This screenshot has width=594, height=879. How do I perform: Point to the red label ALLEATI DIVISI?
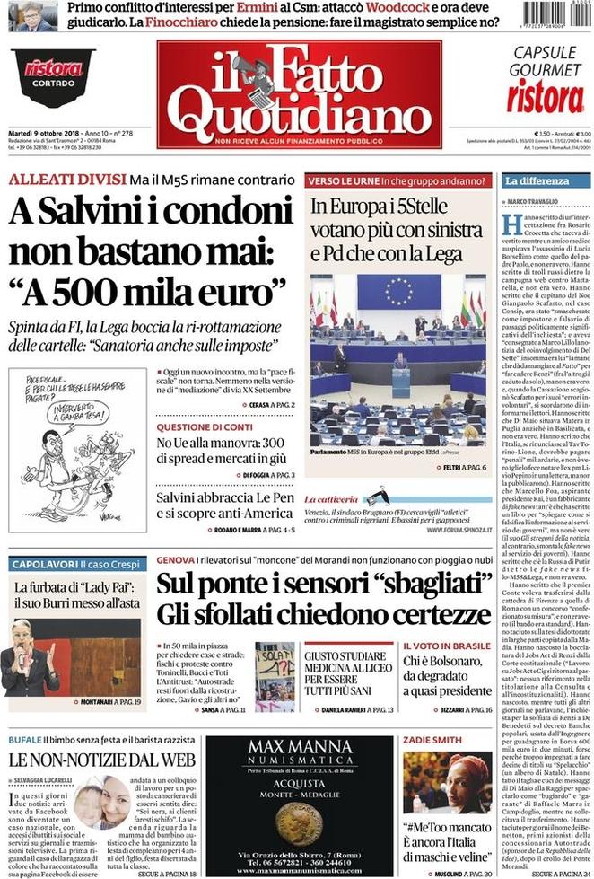pyautogui.click(x=66, y=180)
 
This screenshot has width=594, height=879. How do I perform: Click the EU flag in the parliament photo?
pyautogui.click(x=397, y=291)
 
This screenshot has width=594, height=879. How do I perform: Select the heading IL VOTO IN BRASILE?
pyautogui.click(x=446, y=646)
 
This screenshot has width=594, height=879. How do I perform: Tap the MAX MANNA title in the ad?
pyautogui.click(x=299, y=747)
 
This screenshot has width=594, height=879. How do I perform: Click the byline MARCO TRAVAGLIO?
pyautogui.click(x=542, y=201)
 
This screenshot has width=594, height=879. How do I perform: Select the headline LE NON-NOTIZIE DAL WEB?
pyautogui.click(x=101, y=761)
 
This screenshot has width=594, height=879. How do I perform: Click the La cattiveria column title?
pyautogui.click(x=333, y=498)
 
